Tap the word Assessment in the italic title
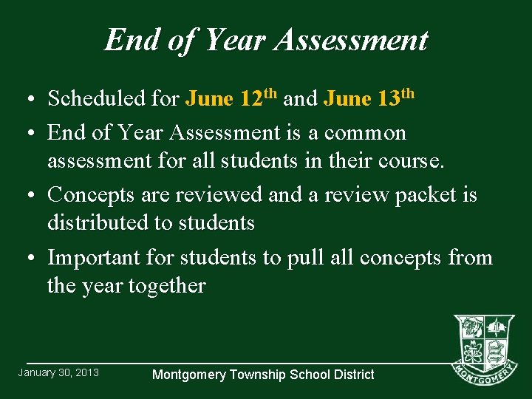[x=351, y=40]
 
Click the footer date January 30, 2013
[x=58, y=372]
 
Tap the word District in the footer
[x=352, y=375]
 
